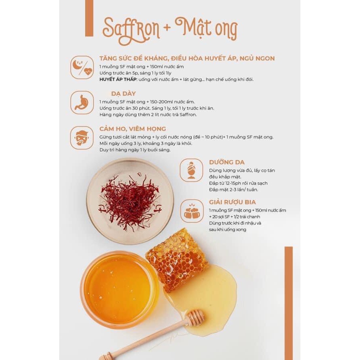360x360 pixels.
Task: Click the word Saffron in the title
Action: click(131, 30)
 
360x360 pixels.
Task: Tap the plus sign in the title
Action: click(167, 27)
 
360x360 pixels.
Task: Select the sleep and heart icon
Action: click(82, 67)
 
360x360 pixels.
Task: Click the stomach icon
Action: click(82, 102)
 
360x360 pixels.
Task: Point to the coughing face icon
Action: click(82, 138)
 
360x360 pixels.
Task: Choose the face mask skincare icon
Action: click(192, 170)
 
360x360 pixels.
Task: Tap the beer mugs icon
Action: click(192, 211)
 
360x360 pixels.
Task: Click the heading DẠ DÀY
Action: click(124, 94)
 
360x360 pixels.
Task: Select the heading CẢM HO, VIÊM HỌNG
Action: click(133, 129)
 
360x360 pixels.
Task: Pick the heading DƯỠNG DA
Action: click(227, 162)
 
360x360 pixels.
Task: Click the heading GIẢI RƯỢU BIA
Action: click(232, 202)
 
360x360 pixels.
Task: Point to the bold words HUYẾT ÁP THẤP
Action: click(118, 80)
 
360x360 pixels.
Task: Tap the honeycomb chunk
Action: click(177, 260)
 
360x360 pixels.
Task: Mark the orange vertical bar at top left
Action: click(89, 18)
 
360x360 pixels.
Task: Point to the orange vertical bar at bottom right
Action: click(288, 303)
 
